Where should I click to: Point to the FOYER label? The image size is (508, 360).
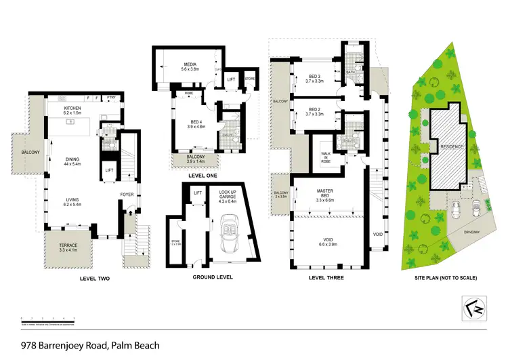[x=127, y=195]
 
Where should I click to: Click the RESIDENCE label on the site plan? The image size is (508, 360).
[x=451, y=146]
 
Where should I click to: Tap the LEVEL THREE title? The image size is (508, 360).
[x=326, y=278]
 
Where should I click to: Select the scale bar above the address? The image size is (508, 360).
[x=43, y=319]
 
